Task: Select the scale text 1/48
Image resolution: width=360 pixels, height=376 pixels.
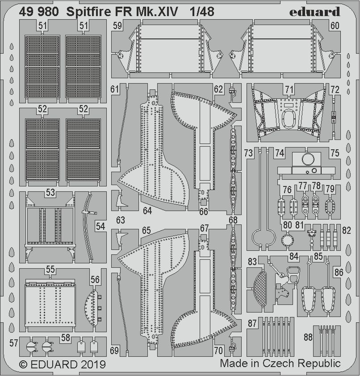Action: click(x=201, y=12)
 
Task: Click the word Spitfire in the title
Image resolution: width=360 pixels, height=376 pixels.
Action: click(x=91, y=12)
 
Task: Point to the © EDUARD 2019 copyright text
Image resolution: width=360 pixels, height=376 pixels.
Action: click(x=57, y=364)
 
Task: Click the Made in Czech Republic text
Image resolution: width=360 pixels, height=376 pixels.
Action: click(x=280, y=363)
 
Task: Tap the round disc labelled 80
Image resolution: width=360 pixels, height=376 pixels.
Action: click(x=287, y=240)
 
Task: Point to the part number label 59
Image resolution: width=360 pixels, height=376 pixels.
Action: click(x=117, y=26)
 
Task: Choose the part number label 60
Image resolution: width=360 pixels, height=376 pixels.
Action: click(x=335, y=26)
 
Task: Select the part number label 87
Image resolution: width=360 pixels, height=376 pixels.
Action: click(x=253, y=323)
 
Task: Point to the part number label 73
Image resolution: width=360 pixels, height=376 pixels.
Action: click(x=248, y=153)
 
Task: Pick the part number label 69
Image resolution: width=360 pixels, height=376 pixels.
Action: click(x=115, y=351)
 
